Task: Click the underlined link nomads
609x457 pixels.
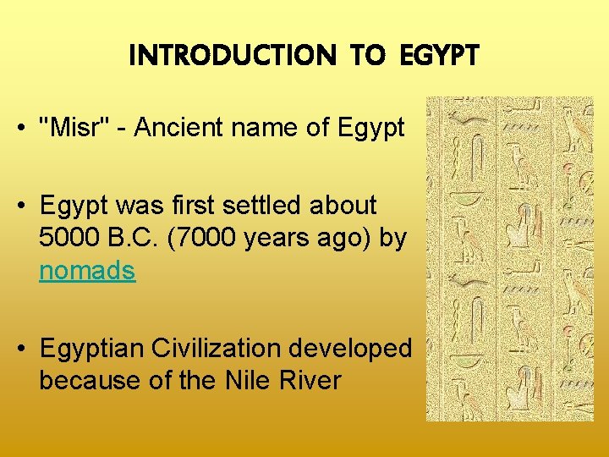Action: [x=87, y=271]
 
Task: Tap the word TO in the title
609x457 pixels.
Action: [x=366, y=56]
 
